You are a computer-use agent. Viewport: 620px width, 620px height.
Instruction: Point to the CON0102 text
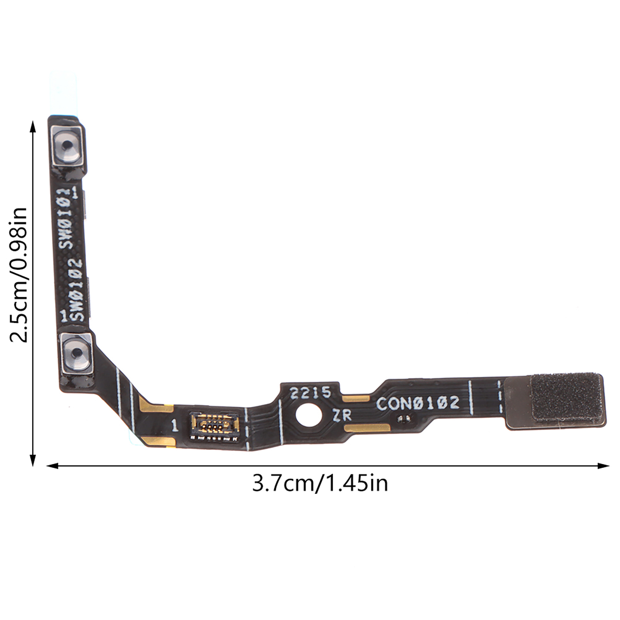418,403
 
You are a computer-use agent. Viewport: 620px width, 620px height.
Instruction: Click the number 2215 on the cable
311,393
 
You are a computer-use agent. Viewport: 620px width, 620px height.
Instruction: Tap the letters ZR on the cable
342,415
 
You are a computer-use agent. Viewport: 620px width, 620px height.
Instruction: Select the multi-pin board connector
214,427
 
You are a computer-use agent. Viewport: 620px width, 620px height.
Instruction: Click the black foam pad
567,397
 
